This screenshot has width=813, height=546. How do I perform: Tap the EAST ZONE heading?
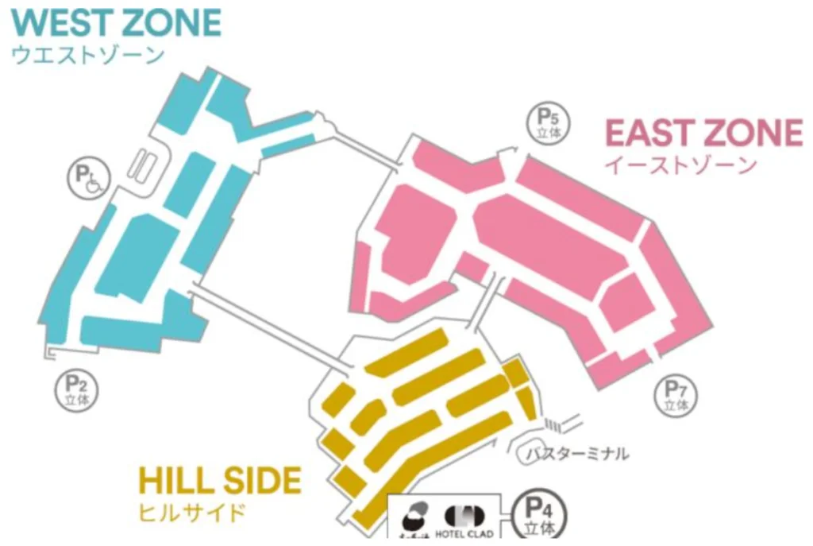tap(703, 133)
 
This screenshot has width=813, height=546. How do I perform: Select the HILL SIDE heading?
tap(220, 482)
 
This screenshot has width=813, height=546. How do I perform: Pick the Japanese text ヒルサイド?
tap(191, 512)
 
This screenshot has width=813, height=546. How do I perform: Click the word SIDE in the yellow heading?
tap(264, 482)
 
